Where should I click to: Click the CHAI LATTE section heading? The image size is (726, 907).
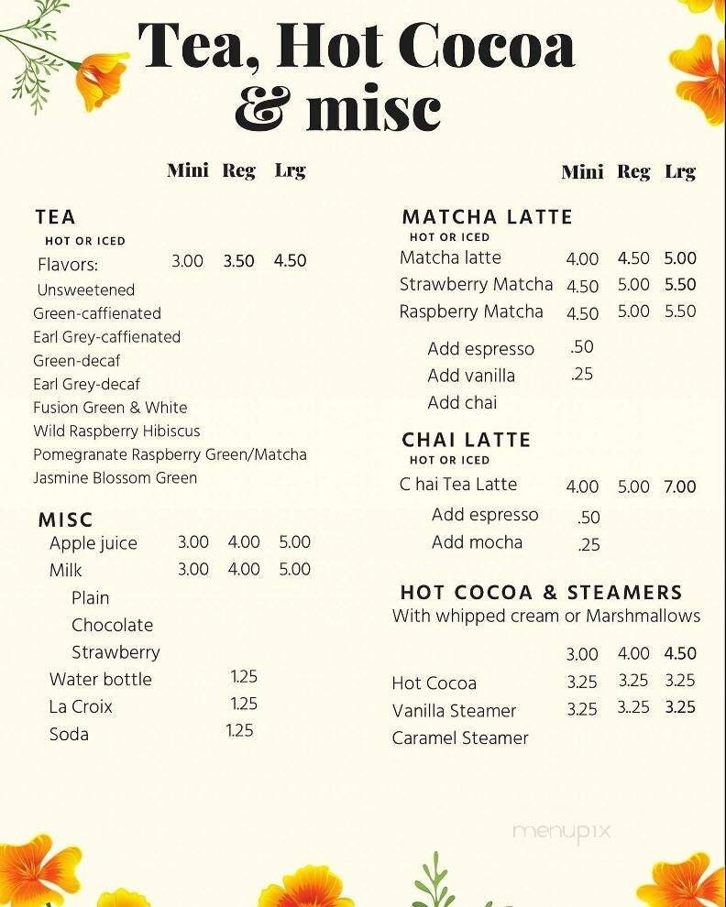pos(466,440)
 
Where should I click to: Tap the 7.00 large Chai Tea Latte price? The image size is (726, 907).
pos(680,486)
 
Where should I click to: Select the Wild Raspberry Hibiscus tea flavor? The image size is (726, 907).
pos(116,431)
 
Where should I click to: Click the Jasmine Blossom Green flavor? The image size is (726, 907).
pos(115,477)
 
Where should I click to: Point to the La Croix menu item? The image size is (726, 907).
pos(81,706)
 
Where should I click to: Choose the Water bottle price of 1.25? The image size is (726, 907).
pos(244,677)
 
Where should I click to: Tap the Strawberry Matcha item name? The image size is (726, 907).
pos(476,284)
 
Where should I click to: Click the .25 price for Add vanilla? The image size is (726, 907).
pos(582,375)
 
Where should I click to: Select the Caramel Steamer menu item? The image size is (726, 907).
pos(460,738)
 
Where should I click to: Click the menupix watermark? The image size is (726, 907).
pos(561,833)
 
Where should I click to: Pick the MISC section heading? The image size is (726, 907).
pos(65,520)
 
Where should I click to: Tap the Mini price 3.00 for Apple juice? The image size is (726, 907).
pos(193,541)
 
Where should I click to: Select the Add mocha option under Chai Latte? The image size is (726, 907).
pos(477,542)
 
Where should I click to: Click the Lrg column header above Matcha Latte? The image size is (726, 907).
pos(680,171)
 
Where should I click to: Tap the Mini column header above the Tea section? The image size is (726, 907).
pos(188,170)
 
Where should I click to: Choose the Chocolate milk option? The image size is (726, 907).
pos(112,625)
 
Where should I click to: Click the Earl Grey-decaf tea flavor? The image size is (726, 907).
pos(86,384)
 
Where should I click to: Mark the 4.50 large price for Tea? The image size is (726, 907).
pos(290,260)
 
